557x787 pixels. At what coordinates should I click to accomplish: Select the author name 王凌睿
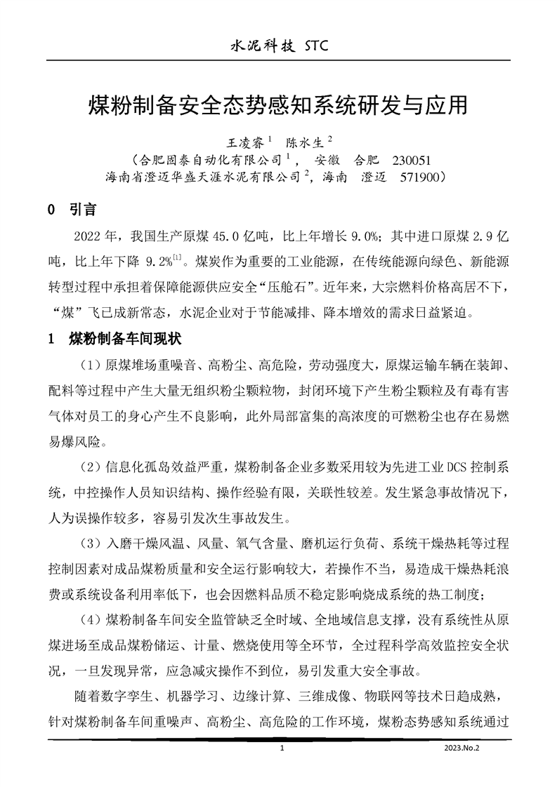click(241, 142)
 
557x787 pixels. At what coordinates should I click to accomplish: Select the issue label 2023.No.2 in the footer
click(461, 749)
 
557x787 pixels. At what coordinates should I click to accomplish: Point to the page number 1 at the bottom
click(281, 749)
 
